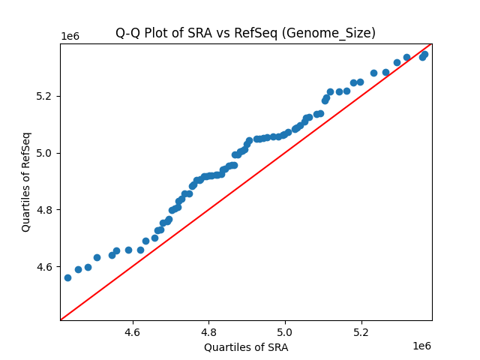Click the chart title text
[x=245, y=33]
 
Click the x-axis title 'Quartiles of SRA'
[x=245, y=347]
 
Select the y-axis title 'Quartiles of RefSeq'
[x=26, y=181]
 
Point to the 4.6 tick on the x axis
[x=133, y=331]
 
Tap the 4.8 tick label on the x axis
[x=208, y=331]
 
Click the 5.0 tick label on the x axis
[x=285, y=331]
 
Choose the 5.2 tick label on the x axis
[x=361, y=331]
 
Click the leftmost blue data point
[x=67, y=277]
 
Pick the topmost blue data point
[x=424, y=54]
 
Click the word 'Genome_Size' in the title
[x=337, y=33]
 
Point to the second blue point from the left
[x=78, y=269]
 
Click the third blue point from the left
[x=88, y=267]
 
